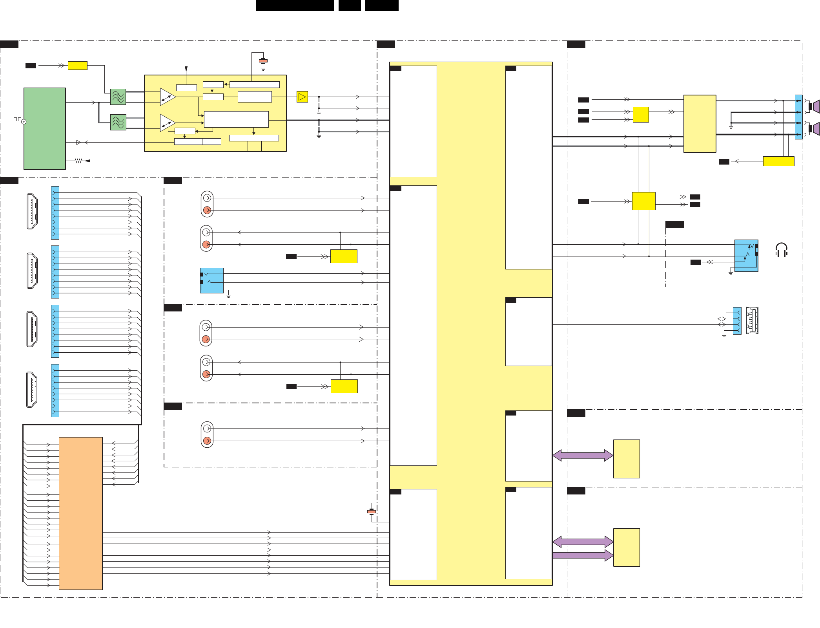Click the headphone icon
coord(781,250)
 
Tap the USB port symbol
coord(752,320)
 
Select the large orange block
coord(80,513)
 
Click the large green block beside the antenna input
coord(44,128)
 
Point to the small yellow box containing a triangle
coord(302,97)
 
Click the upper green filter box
coord(118,97)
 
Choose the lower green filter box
coord(118,122)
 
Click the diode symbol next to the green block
coord(79,142)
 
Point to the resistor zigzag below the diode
coord(78,161)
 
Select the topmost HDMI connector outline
coord(32,211)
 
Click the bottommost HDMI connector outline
coord(32,390)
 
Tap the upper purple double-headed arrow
coord(583,456)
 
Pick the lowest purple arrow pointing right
coord(583,555)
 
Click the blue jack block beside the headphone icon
coord(746,255)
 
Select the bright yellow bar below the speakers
coord(778,161)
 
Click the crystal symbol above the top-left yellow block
coord(263,61)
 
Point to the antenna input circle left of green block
coord(24,122)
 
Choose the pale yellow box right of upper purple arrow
coord(627,459)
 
